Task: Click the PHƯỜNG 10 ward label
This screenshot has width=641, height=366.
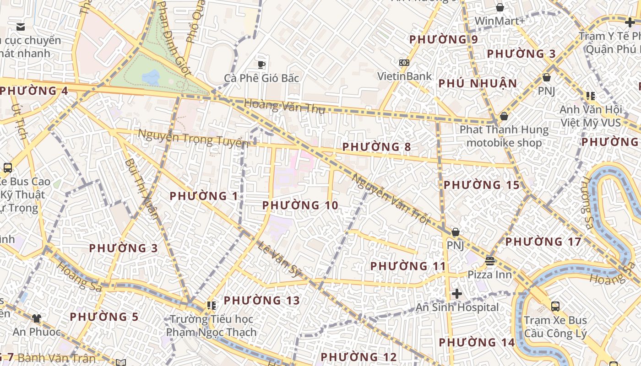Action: pos(300,206)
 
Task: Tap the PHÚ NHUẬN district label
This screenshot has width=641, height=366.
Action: pos(478,84)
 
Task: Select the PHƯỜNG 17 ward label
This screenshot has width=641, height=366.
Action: pos(543,242)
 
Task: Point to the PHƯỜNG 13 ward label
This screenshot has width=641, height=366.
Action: pos(262,301)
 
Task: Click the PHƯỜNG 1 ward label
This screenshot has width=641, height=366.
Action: pos(204,196)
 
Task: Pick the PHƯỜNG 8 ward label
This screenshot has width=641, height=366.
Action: pos(376,147)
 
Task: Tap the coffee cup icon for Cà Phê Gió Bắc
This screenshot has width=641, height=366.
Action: pos(261,65)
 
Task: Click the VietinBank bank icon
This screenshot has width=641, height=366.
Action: pos(404,63)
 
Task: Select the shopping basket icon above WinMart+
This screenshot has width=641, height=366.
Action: pos(500,7)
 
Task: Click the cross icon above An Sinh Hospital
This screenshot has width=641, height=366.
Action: pos(456,294)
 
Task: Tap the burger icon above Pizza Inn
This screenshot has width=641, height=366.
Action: pos(490,261)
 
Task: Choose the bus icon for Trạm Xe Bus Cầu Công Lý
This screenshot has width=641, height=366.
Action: pos(555,307)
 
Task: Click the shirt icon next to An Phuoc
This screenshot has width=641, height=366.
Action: pos(36,318)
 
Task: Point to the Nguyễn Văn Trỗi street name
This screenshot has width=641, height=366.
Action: pos(391,199)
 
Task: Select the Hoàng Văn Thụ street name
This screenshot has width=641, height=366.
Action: pos(284,107)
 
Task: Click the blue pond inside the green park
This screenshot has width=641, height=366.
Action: pos(151,76)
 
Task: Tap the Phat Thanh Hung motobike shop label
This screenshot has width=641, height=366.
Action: pos(504,136)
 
